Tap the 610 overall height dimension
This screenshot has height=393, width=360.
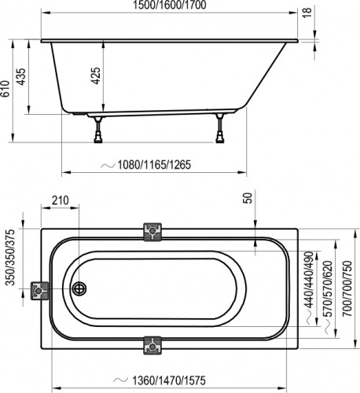(x=7, y=91)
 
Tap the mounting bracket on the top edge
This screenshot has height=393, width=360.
(x=152, y=231)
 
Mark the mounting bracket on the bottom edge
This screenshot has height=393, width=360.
(x=152, y=345)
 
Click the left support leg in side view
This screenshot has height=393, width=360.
(x=98, y=129)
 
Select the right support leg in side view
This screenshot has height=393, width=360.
(x=220, y=129)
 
